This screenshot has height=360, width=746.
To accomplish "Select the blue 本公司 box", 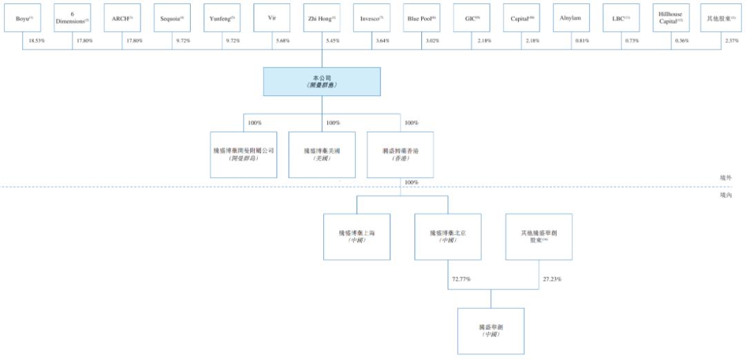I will coord(321,82).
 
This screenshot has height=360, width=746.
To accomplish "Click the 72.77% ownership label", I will coord(461,279).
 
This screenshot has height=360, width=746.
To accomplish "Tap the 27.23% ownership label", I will coord(551,279).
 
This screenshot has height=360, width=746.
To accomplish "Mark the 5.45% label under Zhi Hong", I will coord(332,41).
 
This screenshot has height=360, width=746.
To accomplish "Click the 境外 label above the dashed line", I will coord(725,178).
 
